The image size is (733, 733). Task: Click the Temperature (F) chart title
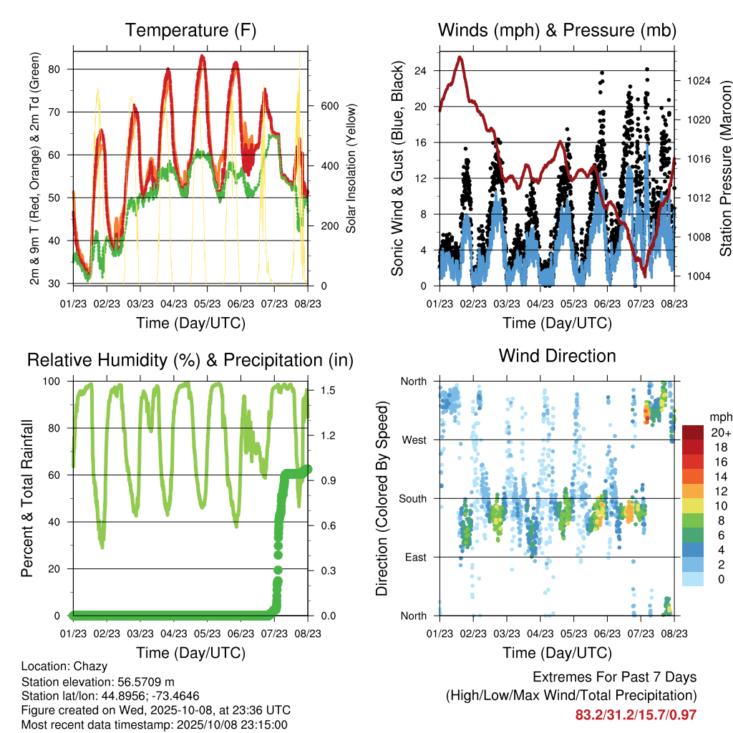point(190,30)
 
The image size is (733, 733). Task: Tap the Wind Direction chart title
point(557,356)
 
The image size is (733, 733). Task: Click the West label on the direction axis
point(414,440)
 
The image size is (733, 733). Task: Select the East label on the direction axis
point(415,558)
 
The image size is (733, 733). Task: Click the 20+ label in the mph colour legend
point(721,433)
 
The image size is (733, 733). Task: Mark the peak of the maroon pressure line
point(460,57)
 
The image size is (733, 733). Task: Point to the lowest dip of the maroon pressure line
point(644,276)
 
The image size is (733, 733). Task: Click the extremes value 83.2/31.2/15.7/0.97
point(636,714)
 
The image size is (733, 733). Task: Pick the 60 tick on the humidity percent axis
point(62,475)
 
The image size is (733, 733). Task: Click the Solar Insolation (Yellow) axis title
point(351,169)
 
